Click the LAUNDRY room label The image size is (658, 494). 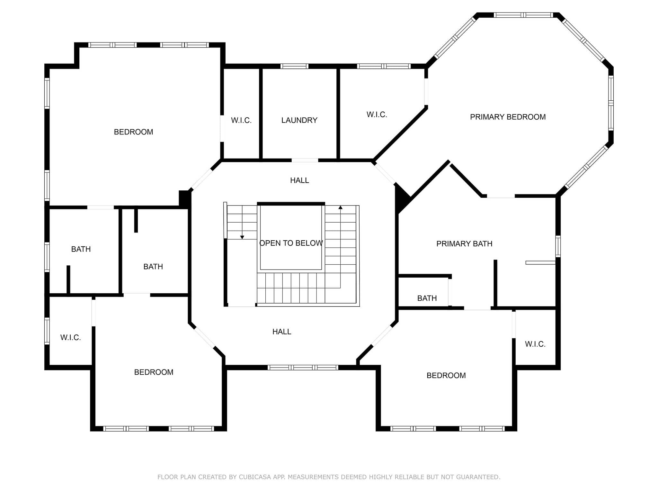(x=299, y=120)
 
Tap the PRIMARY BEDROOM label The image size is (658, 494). (x=508, y=117)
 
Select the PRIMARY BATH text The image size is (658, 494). (x=464, y=244)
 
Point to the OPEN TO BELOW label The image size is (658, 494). (x=291, y=243)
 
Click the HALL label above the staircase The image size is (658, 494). (x=299, y=180)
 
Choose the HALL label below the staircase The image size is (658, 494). (x=282, y=332)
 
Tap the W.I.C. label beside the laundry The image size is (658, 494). (x=241, y=120)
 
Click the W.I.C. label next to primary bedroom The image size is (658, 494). (x=377, y=114)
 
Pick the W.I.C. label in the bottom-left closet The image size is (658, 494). (x=70, y=337)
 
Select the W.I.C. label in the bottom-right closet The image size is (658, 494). (x=535, y=344)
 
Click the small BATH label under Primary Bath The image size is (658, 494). (x=427, y=298)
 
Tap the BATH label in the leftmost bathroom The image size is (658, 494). (x=81, y=249)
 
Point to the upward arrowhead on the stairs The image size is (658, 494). (x=341, y=207)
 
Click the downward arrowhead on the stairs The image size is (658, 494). (x=242, y=237)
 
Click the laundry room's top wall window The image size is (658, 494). (x=294, y=66)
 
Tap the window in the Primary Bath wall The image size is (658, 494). (x=558, y=246)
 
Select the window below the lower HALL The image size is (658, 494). (x=303, y=367)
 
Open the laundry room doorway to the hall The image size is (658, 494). (x=305, y=160)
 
